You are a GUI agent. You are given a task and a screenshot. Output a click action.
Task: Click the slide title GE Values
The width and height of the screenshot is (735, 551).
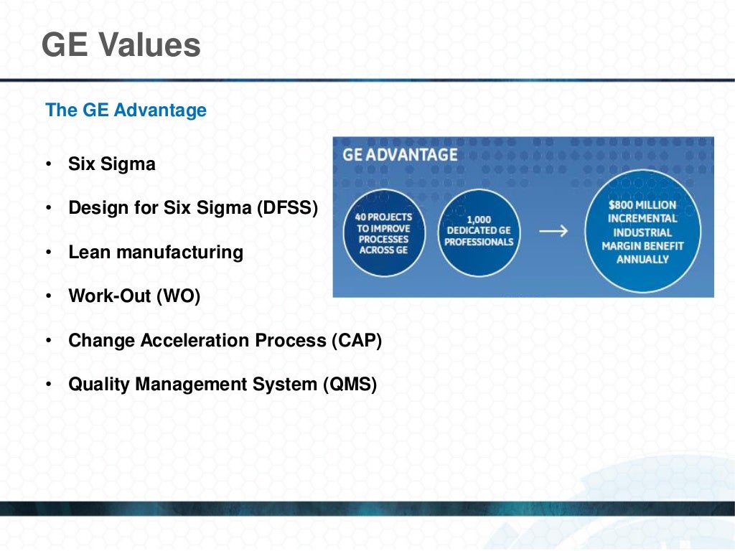point(121,45)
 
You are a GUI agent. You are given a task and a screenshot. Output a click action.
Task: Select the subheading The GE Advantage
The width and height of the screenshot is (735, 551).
point(126,110)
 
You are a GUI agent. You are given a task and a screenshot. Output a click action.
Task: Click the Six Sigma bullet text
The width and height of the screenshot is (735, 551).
point(112,164)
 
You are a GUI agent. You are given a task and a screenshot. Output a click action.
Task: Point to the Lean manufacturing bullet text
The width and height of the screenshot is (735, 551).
point(156,253)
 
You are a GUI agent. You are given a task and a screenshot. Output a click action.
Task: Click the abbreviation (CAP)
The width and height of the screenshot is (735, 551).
point(357,340)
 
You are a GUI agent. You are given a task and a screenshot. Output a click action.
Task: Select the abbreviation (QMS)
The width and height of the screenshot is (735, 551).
point(350,385)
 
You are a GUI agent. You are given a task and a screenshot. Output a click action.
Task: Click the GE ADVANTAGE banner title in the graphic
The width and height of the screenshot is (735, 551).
point(400,154)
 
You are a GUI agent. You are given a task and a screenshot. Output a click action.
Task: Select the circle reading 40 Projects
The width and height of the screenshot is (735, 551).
point(384,232)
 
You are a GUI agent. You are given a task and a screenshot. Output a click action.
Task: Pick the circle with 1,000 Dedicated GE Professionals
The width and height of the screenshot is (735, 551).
point(479,232)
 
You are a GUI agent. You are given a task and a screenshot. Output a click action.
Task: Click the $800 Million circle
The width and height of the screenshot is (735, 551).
point(642,231)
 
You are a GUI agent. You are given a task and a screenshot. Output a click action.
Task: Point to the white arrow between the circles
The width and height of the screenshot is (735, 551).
point(553,231)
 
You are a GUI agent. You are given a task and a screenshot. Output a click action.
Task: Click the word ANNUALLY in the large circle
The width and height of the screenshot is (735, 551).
point(642,259)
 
